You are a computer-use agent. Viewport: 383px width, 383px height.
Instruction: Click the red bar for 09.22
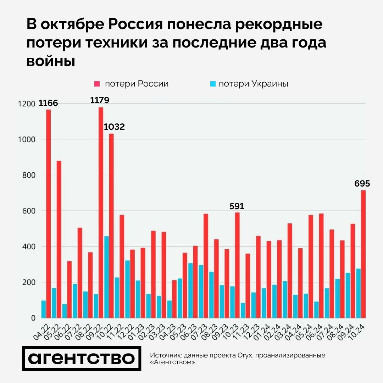click(101, 213)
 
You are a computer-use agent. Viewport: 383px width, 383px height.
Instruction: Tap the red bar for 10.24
click(363, 254)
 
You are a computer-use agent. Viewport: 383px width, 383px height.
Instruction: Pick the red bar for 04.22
click(48, 214)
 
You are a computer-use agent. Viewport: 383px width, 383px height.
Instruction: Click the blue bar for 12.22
click(127, 289)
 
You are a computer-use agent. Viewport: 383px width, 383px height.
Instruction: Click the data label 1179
click(100, 100)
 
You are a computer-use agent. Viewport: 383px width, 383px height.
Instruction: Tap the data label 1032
click(114, 127)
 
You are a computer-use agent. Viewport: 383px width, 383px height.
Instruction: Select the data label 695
click(362, 183)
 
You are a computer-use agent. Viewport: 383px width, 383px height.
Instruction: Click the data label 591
click(237, 206)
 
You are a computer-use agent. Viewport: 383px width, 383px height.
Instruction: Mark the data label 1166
click(48, 104)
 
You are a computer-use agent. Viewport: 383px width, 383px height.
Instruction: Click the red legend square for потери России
click(97, 84)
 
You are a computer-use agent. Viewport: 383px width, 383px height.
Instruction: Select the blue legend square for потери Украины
click(213, 84)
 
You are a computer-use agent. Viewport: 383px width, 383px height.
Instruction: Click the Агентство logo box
click(82, 358)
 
